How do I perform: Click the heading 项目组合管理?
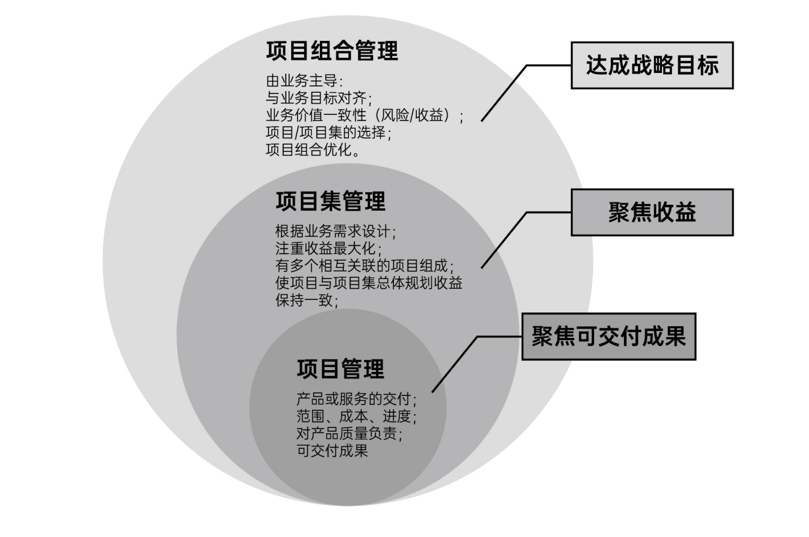[332, 51]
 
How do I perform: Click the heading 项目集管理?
[330, 201]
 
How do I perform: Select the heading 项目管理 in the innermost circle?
[340, 369]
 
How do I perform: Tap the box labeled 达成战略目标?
[651, 65]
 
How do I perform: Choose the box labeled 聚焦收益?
[651, 212]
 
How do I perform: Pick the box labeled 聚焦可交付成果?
[608, 337]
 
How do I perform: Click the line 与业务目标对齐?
[318, 97]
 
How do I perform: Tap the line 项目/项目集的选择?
[328, 132]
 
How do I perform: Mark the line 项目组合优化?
[312, 150]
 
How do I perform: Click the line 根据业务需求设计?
[335, 232]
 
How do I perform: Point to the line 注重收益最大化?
[328, 249]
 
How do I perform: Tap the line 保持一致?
[306, 301]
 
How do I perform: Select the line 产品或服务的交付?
[356, 399]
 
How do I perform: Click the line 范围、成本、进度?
[356, 417]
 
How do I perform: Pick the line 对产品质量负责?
[348, 434]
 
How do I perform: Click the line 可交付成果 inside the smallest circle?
[332, 451]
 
